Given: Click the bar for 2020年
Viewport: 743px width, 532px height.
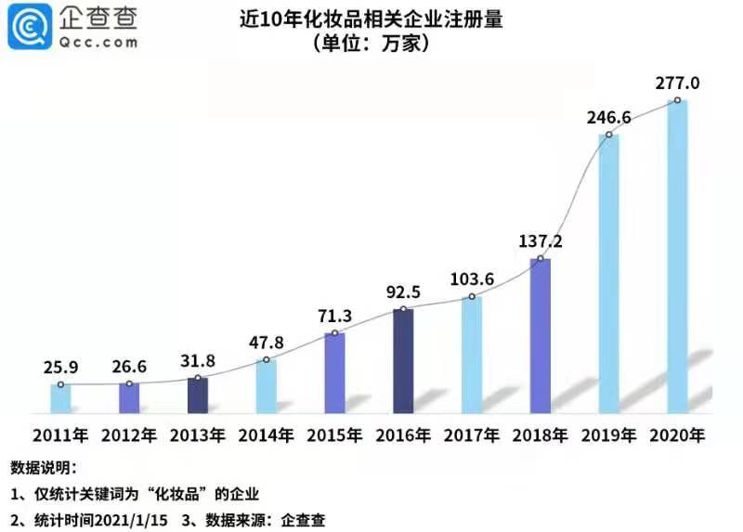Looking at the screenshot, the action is pos(677,256).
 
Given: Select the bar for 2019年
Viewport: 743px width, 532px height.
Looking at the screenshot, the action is pos(608,274).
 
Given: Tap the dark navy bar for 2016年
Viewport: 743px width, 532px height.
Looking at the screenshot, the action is pos(403,361).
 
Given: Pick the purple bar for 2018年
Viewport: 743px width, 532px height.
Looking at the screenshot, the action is pos(541,336).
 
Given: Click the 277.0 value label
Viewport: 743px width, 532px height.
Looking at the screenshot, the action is pos(677,84).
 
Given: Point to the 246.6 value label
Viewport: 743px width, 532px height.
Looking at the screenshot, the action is pos(609,118).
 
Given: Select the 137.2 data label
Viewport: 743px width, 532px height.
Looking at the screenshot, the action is pos(541,241).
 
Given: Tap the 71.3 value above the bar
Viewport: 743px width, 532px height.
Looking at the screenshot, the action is pos(335,316).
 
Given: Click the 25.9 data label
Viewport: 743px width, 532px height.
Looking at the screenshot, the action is pos(60,367).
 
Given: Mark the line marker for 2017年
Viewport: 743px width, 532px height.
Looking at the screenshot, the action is pos(472,296).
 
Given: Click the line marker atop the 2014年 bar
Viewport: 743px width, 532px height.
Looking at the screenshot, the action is pos(267,360).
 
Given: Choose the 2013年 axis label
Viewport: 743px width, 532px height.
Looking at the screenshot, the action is pos(198,435).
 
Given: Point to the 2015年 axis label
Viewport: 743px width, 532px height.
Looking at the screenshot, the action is pos(334,435).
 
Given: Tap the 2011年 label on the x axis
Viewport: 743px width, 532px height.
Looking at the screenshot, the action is pos(60,435).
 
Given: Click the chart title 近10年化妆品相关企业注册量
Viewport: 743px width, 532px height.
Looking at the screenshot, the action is pos(371,19).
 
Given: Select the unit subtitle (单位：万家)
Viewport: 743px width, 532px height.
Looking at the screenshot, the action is pos(371,44).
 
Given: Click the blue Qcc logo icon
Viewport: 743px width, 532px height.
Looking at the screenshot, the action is pos(30,27).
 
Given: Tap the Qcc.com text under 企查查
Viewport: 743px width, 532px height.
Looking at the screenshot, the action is pos(98,43).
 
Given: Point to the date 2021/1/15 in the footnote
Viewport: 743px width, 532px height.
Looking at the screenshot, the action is pos(131,520).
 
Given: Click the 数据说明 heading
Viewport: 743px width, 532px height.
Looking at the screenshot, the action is pos(43,468).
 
